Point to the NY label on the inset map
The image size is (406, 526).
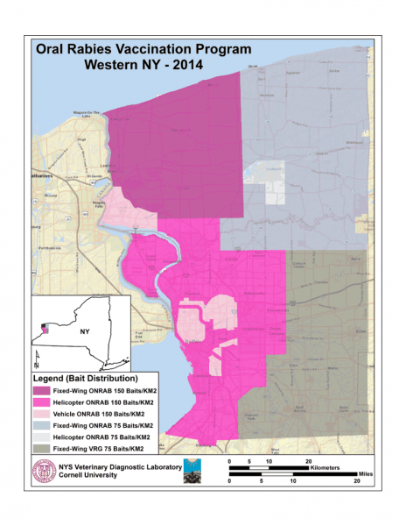click(86, 333)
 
